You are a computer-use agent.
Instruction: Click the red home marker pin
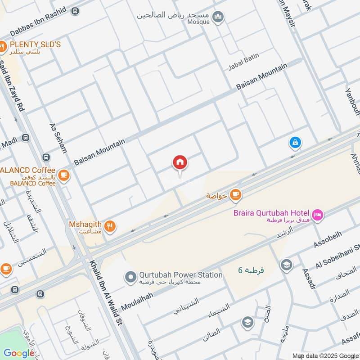click(x=180, y=163)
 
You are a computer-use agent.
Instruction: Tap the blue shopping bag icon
click(x=295, y=143)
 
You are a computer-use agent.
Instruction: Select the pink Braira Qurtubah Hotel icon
click(x=317, y=215)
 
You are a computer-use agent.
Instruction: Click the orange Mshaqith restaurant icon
click(x=110, y=226)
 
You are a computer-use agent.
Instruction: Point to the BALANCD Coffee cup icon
click(x=64, y=175)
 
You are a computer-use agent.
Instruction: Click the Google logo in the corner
click(x=19, y=353)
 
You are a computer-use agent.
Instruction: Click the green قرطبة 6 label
click(x=251, y=270)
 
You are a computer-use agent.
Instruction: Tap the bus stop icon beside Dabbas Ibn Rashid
click(x=75, y=11)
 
